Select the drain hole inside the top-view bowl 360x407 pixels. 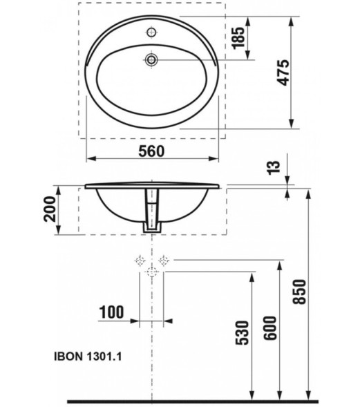coord(152,60)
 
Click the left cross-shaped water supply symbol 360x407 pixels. coord(140,261)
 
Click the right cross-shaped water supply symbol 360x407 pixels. coord(164,261)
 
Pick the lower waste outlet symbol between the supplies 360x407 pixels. coord(152,273)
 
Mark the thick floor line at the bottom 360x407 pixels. coord(193,400)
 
